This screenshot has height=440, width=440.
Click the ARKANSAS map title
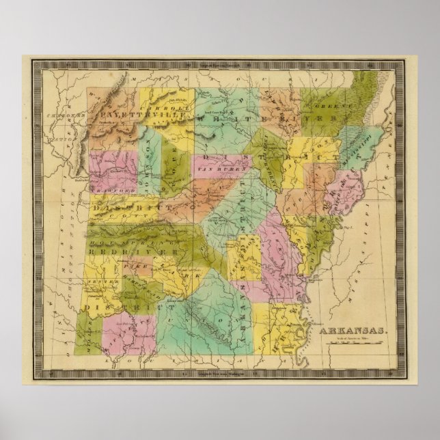355,331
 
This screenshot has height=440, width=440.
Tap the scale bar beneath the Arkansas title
355,340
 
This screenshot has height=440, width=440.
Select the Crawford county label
103,192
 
